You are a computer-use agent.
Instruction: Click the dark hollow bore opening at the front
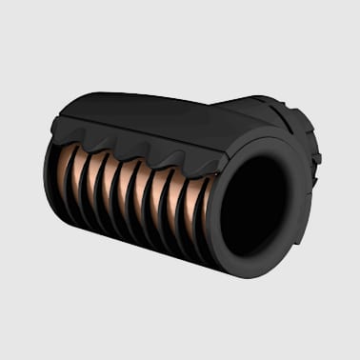pos(255,204)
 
